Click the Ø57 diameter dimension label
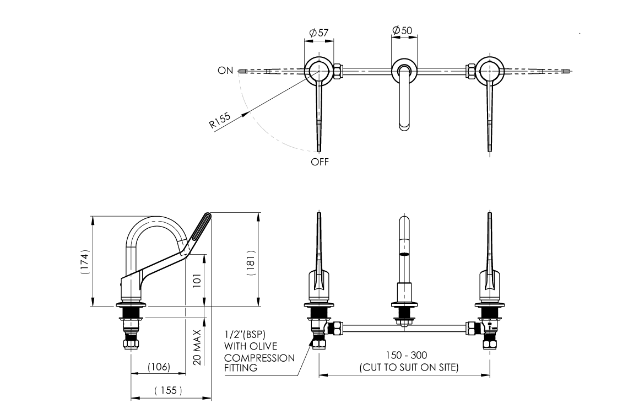coord(319,33)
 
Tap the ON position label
coord(225,71)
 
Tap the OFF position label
coord(320,162)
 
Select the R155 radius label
coord(219,120)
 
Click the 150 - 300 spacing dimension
coord(408,355)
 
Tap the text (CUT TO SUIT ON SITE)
coord(408,367)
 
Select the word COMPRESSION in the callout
coord(259,358)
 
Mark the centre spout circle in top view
coord(405,71)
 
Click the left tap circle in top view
coord(318,71)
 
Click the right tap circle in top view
coord(489,71)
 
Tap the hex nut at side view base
coord(131,345)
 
